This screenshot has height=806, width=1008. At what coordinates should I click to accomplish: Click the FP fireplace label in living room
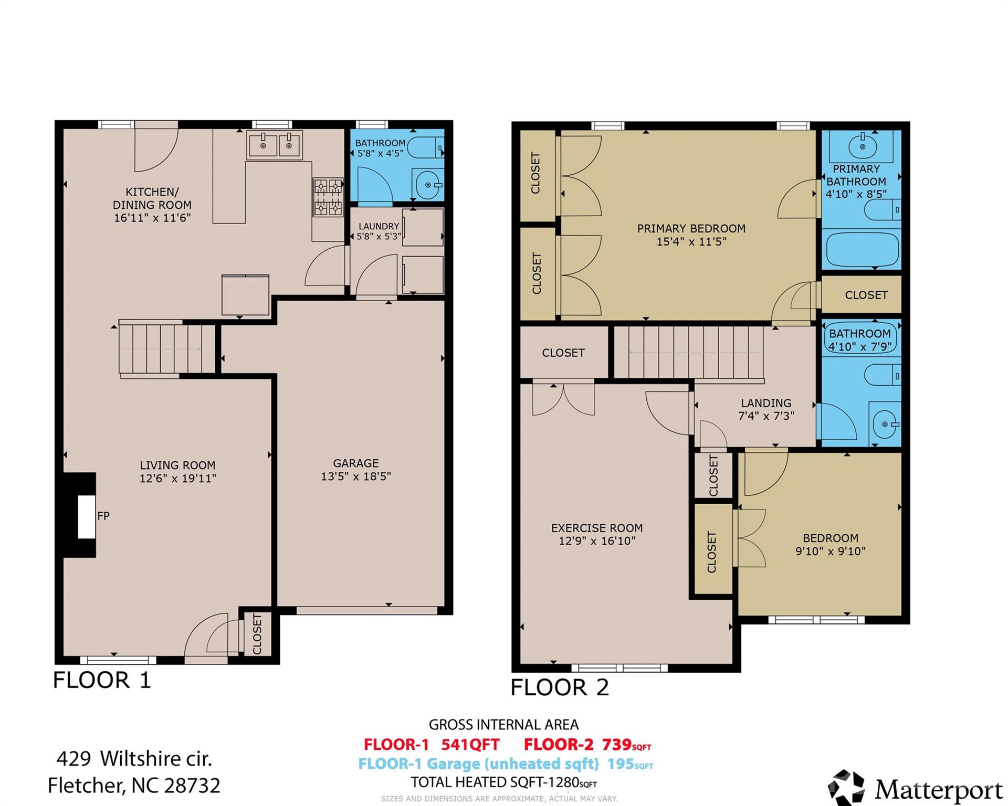[x=103, y=516]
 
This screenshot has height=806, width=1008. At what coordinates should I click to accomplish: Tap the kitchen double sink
[x=275, y=144]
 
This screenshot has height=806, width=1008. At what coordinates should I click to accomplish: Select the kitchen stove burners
[x=328, y=197]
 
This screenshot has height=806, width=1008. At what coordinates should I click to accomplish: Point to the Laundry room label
[x=379, y=226]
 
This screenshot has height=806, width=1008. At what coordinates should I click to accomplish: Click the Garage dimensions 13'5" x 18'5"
[x=356, y=476]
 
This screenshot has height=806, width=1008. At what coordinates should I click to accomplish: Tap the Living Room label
[x=177, y=465]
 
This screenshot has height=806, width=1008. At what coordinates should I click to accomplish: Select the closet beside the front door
[x=257, y=634]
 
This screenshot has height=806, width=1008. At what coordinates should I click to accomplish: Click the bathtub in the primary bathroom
[x=861, y=250]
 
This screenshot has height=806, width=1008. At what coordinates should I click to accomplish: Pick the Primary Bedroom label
[x=691, y=229]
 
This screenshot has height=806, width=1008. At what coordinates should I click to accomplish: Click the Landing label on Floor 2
[x=766, y=403]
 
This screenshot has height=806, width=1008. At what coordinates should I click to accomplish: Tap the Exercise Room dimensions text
[x=597, y=541]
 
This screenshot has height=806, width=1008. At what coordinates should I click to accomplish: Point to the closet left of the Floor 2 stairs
[x=563, y=353]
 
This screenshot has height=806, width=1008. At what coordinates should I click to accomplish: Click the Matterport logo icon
[x=846, y=788]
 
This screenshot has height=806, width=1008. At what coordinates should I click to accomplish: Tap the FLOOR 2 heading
[x=560, y=687]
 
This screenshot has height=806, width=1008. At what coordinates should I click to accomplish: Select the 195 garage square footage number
[x=621, y=763]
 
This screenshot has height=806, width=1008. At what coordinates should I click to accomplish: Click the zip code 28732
[x=192, y=786]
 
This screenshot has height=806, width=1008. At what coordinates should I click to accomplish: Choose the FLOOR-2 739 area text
[x=587, y=744]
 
